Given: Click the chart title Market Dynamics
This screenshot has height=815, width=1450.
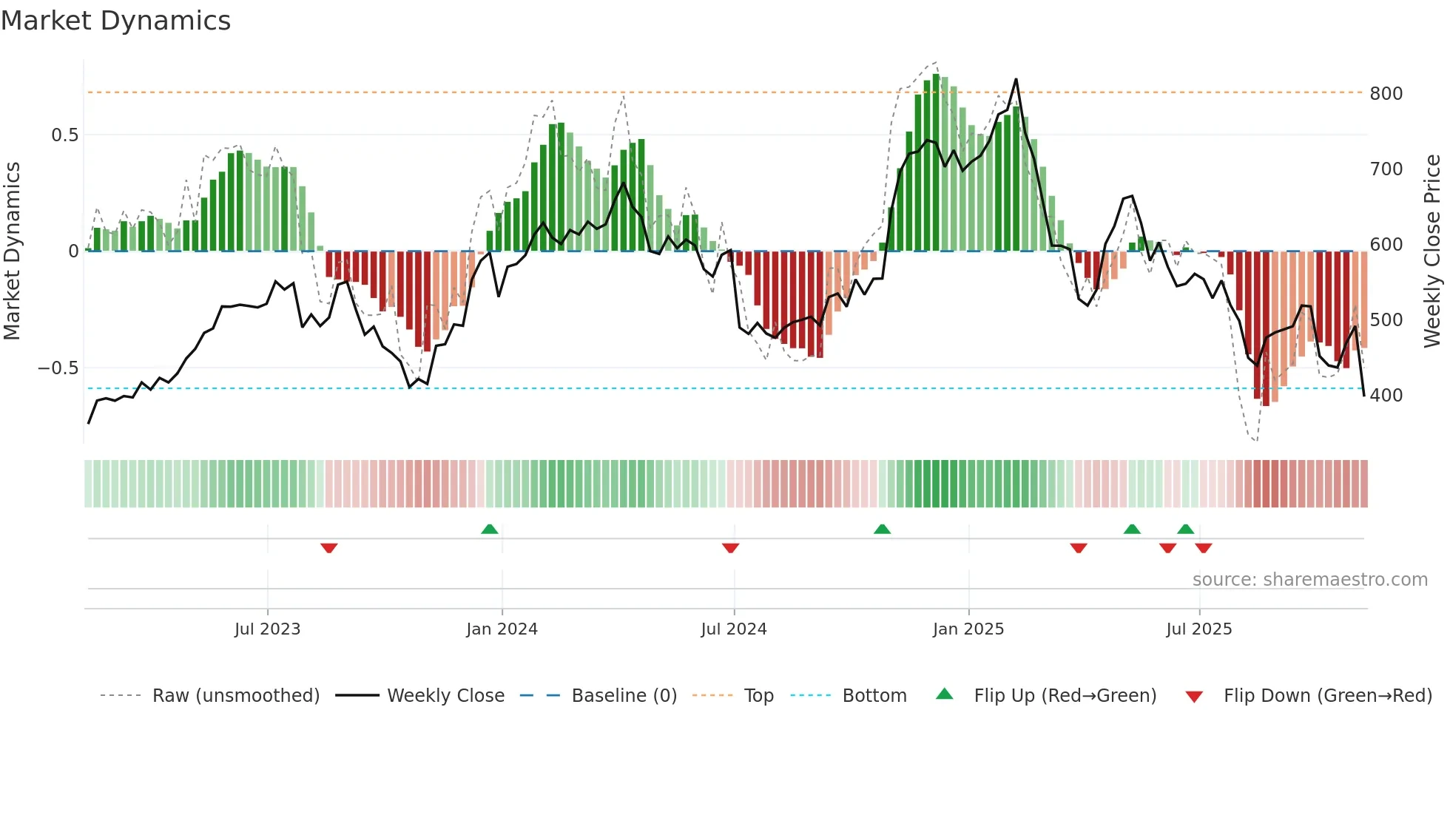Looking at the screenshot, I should coord(115,21).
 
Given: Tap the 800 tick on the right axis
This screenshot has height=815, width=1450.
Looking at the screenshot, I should coord(1386,94).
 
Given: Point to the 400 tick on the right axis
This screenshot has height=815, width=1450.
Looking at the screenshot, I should coord(1386,396).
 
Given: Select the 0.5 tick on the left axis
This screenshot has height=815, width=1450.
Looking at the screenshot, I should coord(64,135).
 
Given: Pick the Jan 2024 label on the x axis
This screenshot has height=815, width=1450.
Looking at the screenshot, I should coord(502,629).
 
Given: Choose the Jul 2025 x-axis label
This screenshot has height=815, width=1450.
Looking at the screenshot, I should coord(1198,629).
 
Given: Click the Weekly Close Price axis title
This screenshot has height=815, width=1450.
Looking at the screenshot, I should coord(1432,251).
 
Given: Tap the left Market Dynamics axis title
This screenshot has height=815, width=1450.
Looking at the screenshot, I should coord(12,251).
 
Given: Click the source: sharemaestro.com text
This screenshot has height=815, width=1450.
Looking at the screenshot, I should coord(1309,580).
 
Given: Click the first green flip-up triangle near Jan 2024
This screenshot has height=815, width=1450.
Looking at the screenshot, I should coord(489,529).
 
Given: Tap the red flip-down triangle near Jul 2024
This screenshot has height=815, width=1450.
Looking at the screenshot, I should coord(730,548).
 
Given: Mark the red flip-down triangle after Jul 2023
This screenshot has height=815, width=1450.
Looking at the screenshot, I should coord(329,548).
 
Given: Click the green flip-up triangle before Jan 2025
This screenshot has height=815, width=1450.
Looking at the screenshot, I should coord(882,529).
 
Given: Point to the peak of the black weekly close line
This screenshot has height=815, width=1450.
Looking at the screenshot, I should coord(1016,79).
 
